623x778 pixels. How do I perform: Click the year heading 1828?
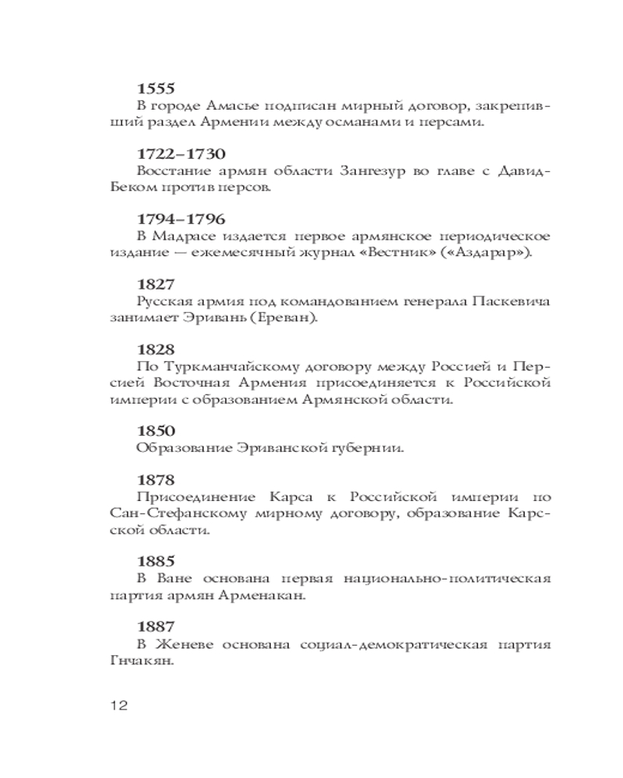tap(156, 350)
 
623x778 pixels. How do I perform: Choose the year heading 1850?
tap(156, 430)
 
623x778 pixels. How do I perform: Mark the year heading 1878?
tap(156, 480)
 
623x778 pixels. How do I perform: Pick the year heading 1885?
tap(156, 561)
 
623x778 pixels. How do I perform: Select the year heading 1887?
tap(156, 626)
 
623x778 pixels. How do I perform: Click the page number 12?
tap(118, 706)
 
